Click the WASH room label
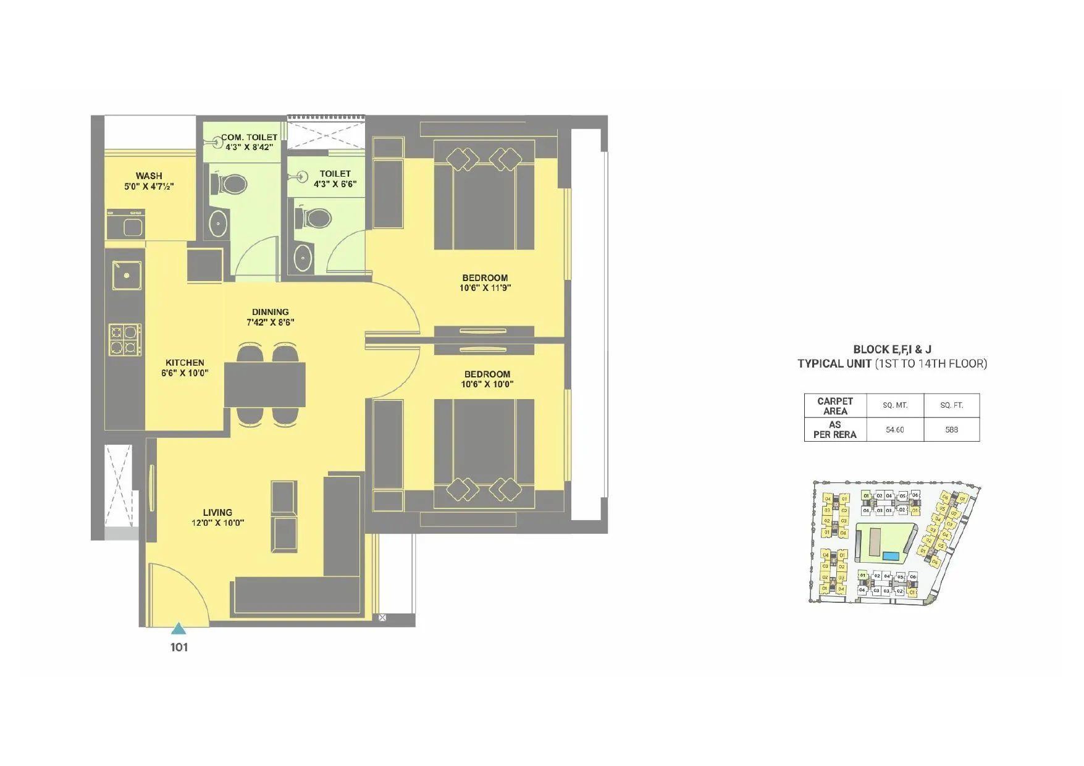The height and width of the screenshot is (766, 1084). point(149,176)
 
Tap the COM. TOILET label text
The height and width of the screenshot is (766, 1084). point(250,137)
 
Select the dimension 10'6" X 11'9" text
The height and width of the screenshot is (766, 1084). point(485,288)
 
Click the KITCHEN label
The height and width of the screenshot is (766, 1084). point(185,363)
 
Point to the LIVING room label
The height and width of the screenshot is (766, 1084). point(217,512)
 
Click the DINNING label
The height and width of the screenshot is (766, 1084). point(270,312)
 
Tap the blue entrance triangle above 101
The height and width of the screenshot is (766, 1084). point(179,629)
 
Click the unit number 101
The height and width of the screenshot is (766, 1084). point(179,647)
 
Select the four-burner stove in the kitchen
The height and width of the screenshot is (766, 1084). point(125,340)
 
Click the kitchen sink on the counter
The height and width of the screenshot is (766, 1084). point(127,276)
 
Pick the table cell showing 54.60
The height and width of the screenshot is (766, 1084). point(894,429)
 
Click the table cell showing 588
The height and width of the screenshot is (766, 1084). point(951,429)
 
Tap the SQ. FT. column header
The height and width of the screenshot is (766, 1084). point(951,405)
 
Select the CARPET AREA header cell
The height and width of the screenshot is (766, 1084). point(835,406)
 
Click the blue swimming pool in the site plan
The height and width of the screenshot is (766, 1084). point(890,556)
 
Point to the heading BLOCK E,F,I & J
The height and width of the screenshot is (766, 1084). point(892,349)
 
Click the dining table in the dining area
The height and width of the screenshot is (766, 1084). point(264,384)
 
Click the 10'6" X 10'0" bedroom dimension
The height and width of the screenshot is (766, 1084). point(487,384)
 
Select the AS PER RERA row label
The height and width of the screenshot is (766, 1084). point(835,429)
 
